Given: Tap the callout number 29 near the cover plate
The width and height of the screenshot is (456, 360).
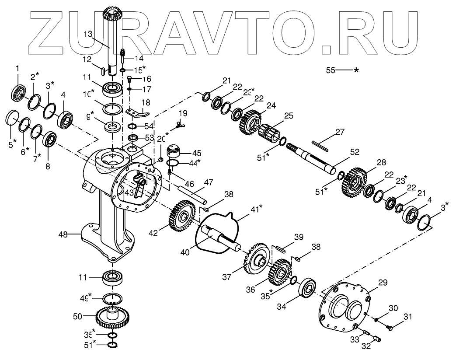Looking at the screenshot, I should pos(383,283).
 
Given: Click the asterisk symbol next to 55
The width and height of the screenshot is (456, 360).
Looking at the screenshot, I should pos(357,70).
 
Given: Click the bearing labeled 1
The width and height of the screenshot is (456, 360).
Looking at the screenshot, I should pos(19,93).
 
